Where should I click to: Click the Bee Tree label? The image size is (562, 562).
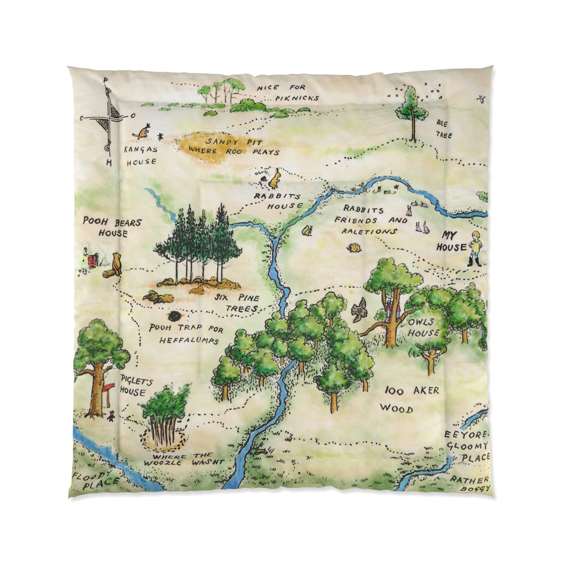click(x=444, y=128)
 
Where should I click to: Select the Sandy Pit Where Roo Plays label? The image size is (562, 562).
click(x=233, y=147)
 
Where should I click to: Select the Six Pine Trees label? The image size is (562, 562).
click(x=239, y=303)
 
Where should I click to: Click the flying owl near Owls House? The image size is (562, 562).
click(x=359, y=309)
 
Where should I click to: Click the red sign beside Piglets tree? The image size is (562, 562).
click(x=109, y=387)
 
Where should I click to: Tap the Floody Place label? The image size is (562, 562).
click(x=95, y=480)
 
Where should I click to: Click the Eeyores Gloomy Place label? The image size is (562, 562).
click(x=466, y=445)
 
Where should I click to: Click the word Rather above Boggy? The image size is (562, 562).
click(x=469, y=480)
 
